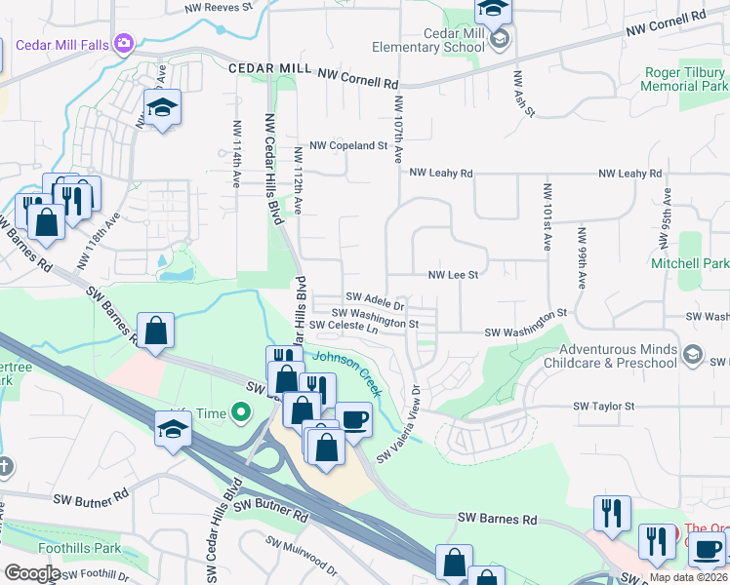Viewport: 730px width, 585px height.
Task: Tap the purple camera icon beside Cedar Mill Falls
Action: point(123,43)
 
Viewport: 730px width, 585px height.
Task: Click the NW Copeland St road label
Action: point(348,145)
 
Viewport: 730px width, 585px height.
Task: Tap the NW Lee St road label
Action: point(453,275)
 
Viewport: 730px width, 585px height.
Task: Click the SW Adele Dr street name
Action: point(375,296)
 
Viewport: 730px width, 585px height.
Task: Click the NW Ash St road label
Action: point(522,96)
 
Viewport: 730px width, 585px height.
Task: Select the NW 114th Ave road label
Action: point(236,154)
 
